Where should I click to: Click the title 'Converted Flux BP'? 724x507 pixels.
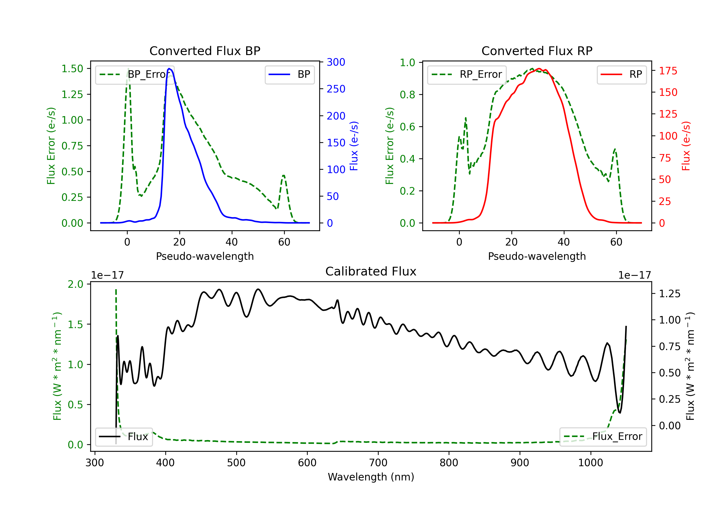tap(205, 51)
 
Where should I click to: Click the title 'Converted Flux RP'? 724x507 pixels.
tap(537, 51)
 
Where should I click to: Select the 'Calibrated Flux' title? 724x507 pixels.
tap(371, 271)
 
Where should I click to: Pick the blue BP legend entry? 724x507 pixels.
tap(289, 74)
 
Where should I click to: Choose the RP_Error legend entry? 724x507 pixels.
tap(467, 74)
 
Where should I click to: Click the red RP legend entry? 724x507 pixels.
tap(621, 74)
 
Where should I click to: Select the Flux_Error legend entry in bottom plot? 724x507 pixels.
tap(603, 437)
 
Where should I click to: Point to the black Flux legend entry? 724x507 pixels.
tap(124, 437)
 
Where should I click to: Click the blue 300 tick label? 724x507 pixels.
tap(336, 62)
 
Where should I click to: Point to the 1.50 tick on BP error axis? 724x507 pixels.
tap(72, 69)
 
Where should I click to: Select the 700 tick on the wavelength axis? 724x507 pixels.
tap(378, 463)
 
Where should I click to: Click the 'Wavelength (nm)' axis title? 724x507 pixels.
tap(371, 477)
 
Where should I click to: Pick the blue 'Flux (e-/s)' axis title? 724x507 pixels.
tap(354, 146)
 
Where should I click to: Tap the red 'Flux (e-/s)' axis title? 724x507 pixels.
tap(686, 146)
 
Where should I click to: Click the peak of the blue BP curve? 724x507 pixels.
tap(169, 69)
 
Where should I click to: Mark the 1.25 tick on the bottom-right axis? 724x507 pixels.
tap(670, 294)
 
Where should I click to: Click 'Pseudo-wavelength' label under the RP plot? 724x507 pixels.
tap(537, 256)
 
